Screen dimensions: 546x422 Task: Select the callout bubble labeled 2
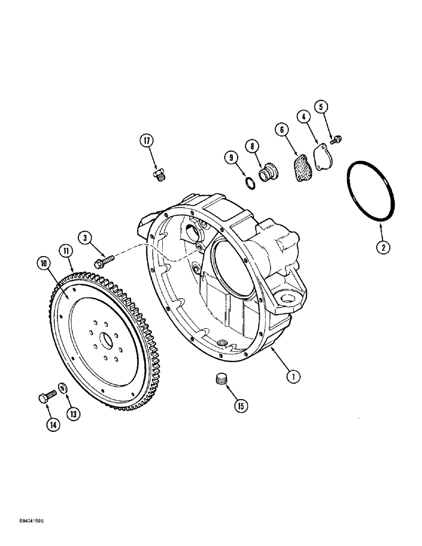(x=383, y=247)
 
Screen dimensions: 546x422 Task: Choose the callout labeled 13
(x=73, y=414)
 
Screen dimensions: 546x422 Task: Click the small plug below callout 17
(x=157, y=175)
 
